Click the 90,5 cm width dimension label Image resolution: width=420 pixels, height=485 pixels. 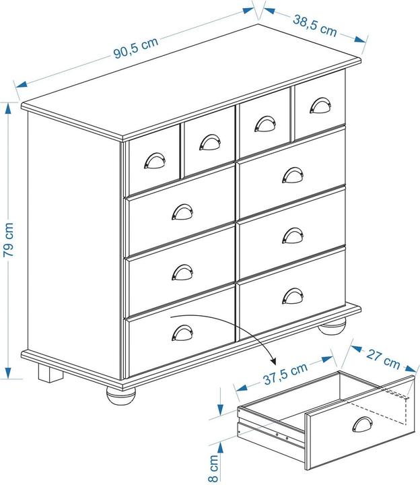tap(135, 48)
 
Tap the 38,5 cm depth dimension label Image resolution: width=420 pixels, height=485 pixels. tap(314, 26)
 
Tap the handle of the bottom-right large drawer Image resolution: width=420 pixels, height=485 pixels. tap(292, 295)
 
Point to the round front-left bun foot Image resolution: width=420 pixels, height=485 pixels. tap(122, 393)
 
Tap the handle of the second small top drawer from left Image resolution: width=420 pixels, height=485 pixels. tap(209, 142)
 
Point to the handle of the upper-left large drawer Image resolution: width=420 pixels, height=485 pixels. tap(182, 212)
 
